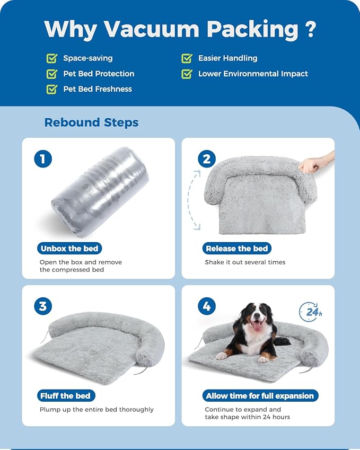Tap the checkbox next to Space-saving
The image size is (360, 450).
52,58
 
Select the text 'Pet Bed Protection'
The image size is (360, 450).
99,74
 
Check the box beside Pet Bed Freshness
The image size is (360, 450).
52,89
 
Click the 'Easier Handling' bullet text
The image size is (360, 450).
227,58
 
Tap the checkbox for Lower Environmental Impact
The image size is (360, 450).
187,74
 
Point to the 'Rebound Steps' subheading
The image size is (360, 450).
91,122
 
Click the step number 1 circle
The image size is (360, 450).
42,158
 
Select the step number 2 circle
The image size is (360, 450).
207,158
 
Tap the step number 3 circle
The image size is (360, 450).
42,306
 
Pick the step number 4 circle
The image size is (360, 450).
207,306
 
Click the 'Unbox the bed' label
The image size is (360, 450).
69,248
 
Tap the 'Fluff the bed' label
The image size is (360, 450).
65,395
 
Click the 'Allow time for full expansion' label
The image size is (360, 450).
260,395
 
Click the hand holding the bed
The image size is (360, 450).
318,164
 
